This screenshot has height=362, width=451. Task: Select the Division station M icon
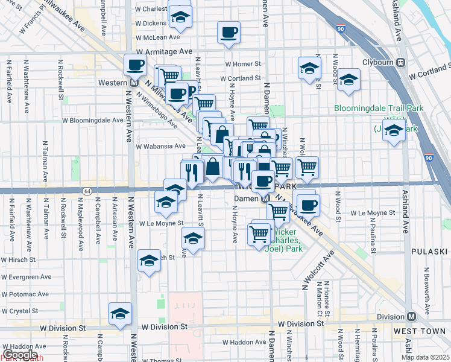pyautogui.click(x=411, y=317)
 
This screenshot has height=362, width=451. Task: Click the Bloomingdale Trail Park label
pyautogui.click(x=379, y=109)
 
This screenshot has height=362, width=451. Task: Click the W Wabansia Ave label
pyautogui.click(x=161, y=146)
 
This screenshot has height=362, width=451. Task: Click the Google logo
pyautogui.click(x=20, y=355)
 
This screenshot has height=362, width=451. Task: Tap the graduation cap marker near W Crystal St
pyautogui.click(x=120, y=314)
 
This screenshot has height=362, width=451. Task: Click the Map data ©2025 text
pyautogui.click(x=424, y=357)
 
